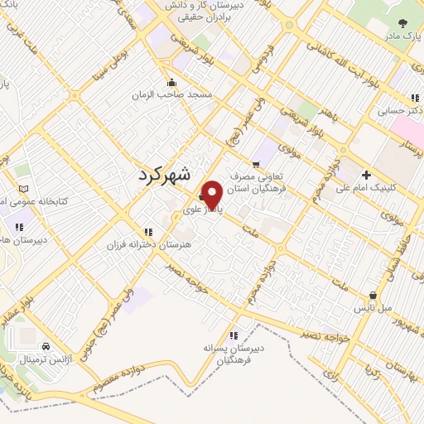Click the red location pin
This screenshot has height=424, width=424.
tap(212, 194)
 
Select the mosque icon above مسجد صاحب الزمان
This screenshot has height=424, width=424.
tap(171, 81)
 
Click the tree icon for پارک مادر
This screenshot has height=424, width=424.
tap(402, 25)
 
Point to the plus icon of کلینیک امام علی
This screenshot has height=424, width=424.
tap(366, 174)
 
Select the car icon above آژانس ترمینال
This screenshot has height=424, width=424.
tap(46, 345)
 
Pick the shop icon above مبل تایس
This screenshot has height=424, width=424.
tap(374, 295)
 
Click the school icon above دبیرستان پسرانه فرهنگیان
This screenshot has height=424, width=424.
tap(234, 335)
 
